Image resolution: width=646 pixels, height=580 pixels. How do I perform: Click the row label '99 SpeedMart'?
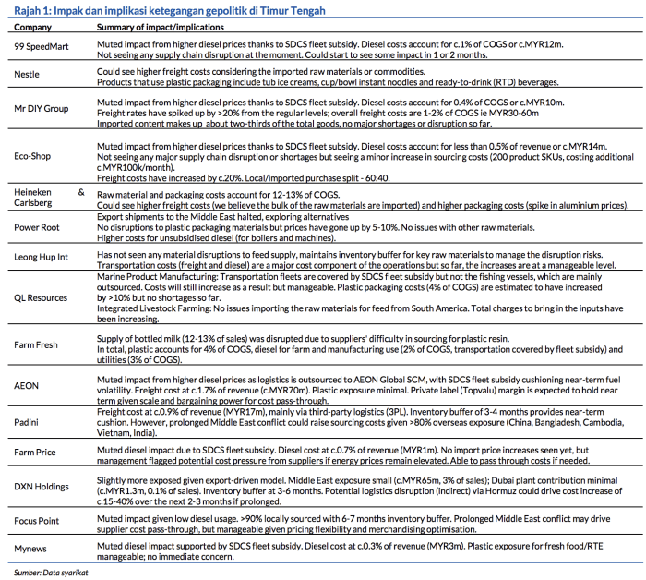(x=40, y=46)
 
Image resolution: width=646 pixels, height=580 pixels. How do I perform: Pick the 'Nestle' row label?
(x=28, y=74)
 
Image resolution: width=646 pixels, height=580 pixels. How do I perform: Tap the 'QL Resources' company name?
(x=42, y=298)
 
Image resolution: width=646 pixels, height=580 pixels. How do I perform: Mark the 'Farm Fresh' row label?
(x=37, y=344)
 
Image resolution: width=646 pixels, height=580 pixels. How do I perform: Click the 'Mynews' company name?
(x=30, y=548)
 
